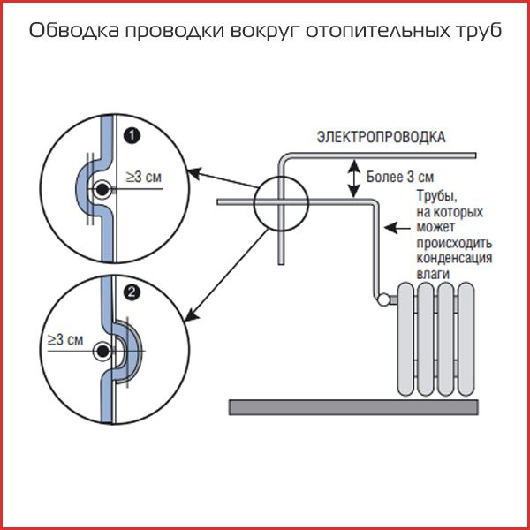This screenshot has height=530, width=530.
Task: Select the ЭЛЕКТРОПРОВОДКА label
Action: pyautogui.click(x=382, y=137)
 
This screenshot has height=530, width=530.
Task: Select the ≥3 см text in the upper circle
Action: pyautogui.click(x=144, y=177)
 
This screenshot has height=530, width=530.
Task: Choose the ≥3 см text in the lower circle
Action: pyautogui.click(x=64, y=339)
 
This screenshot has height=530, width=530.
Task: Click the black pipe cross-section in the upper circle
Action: pyautogui.click(x=103, y=189)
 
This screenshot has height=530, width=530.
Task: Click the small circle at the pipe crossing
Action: pyautogui.click(x=281, y=203)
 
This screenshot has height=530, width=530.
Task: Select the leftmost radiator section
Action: pyautogui.click(x=406, y=340)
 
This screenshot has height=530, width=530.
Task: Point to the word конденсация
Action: pyautogui.click(x=453, y=259)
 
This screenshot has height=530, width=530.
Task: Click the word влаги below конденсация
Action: pyautogui.click(x=433, y=274)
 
